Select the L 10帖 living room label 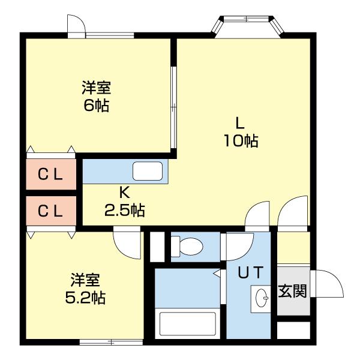(x=239, y=133)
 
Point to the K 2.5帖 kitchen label (x=124, y=202)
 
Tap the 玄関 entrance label (x=293, y=292)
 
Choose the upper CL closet (x=51, y=175)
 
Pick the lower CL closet (x=51, y=211)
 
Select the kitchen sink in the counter (x=147, y=171)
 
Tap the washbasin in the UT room (x=261, y=296)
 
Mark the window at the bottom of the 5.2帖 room (x=103, y=343)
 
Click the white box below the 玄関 (x=293, y=331)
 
